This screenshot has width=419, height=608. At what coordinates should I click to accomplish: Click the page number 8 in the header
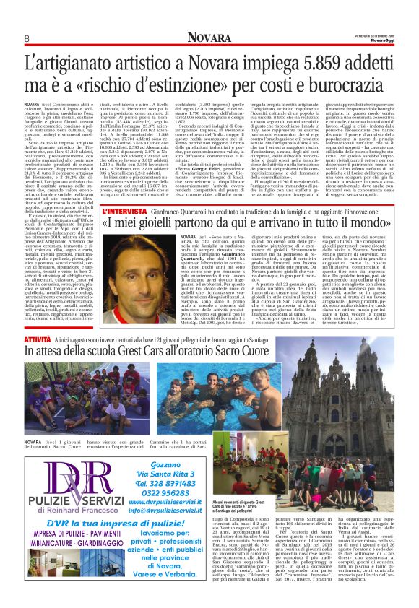[27, 38]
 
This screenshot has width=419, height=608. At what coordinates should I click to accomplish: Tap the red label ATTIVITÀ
[38, 338]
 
